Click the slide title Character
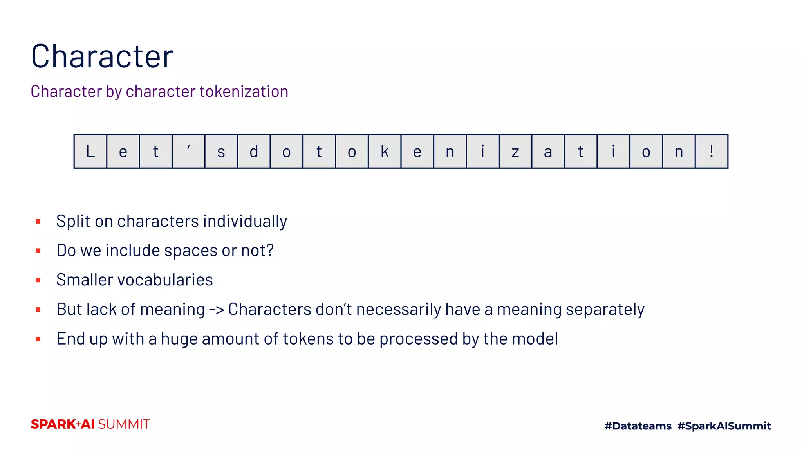pyautogui.click(x=102, y=56)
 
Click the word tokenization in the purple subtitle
pyautogui.click(x=244, y=92)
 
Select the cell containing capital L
pyautogui.click(x=90, y=152)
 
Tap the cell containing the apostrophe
pyautogui.click(x=188, y=152)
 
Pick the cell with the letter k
pyautogui.click(x=385, y=152)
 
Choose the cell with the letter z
pyautogui.click(x=515, y=152)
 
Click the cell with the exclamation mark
pyautogui.click(x=712, y=152)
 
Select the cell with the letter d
pyautogui.click(x=254, y=152)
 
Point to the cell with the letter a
pyautogui.click(x=548, y=152)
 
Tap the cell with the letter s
pyautogui.click(x=221, y=152)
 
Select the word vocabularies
pyautogui.click(x=165, y=280)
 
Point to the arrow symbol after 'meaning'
pyautogui.click(x=216, y=310)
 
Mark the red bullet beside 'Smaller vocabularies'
pyautogui.click(x=38, y=280)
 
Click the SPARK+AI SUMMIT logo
pyautogui.click(x=90, y=424)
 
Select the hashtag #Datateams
pyautogui.click(x=638, y=426)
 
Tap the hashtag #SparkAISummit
pyautogui.click(x=724, y=426)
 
